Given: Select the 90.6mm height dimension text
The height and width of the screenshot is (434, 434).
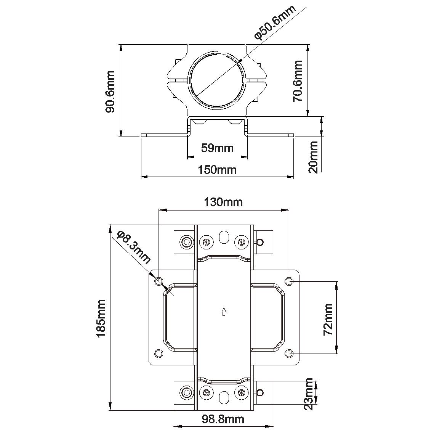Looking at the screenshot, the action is click(110, 92).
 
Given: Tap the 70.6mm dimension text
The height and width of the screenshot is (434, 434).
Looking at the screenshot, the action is click(298, 81).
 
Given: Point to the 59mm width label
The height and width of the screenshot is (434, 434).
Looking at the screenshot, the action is click(217, 148).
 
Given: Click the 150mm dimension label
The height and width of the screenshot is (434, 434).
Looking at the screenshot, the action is click(217, 170).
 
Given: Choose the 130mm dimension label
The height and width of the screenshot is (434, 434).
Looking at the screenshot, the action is click(223, 202).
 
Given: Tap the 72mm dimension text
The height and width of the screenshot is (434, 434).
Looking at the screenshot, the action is click(328, 319).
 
